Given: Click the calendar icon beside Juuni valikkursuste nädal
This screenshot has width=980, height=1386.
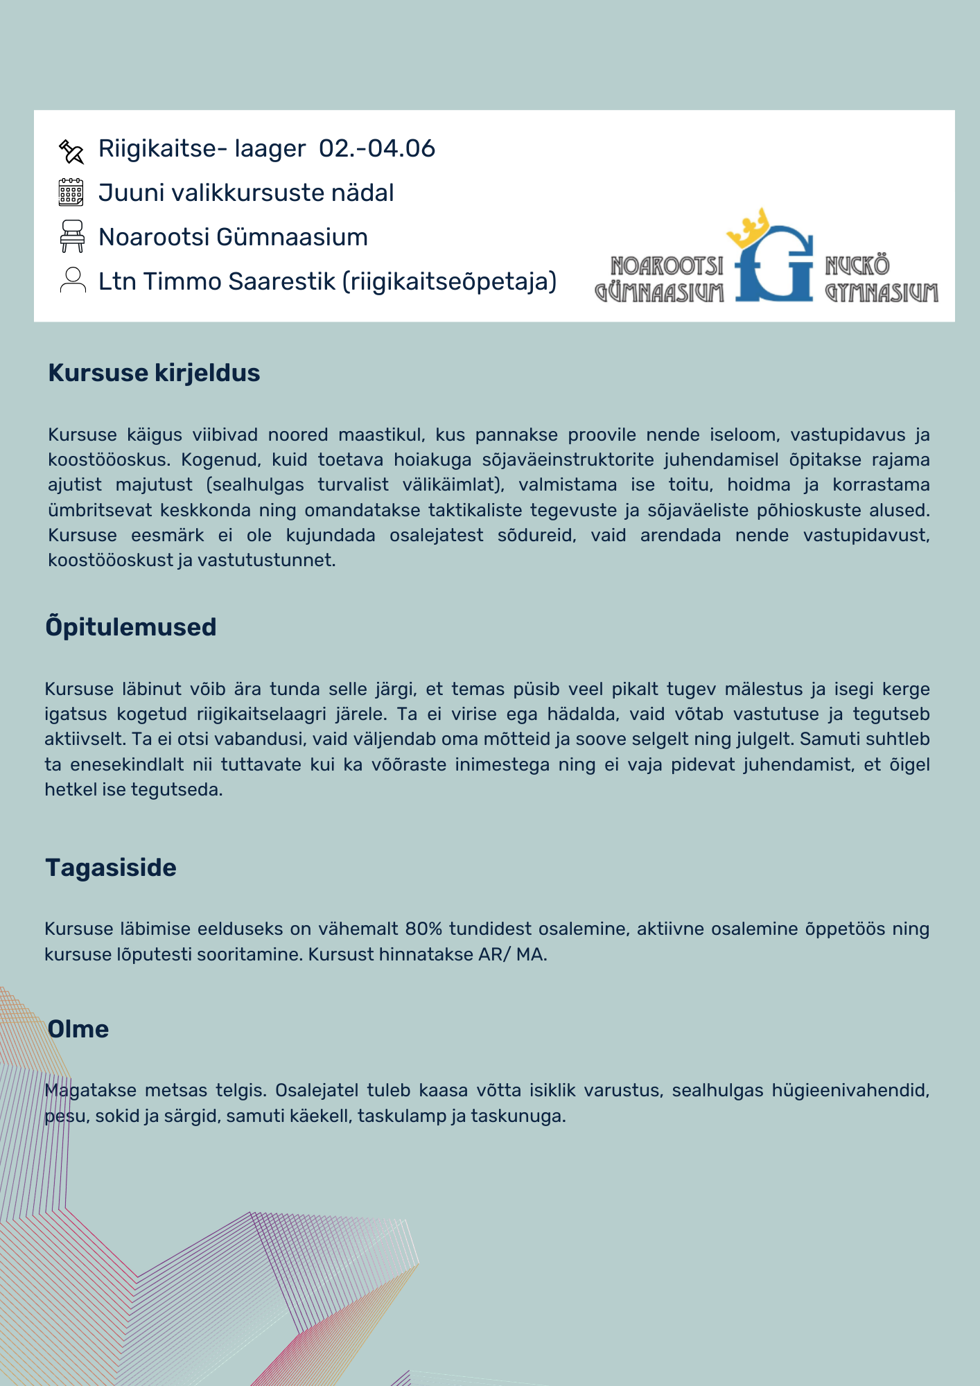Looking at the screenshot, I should [x=71, y=192].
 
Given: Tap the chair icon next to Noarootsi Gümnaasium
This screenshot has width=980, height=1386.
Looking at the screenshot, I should [x=72, y=236].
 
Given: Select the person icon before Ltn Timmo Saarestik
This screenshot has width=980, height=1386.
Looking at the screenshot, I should [x=72, y=281].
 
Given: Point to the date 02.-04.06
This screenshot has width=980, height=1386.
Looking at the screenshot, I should [x=376, y=148].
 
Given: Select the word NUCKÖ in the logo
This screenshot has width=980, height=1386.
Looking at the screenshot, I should [x=857, y=265].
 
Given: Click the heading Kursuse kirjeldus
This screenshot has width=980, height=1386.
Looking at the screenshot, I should [x=154, y=373].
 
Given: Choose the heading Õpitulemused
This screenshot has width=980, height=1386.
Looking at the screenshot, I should [x=131, y=627].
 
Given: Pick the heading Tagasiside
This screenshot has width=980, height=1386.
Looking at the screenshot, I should [x=111, y=868].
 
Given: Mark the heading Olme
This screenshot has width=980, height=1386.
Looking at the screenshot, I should [x=78, y=1029].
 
